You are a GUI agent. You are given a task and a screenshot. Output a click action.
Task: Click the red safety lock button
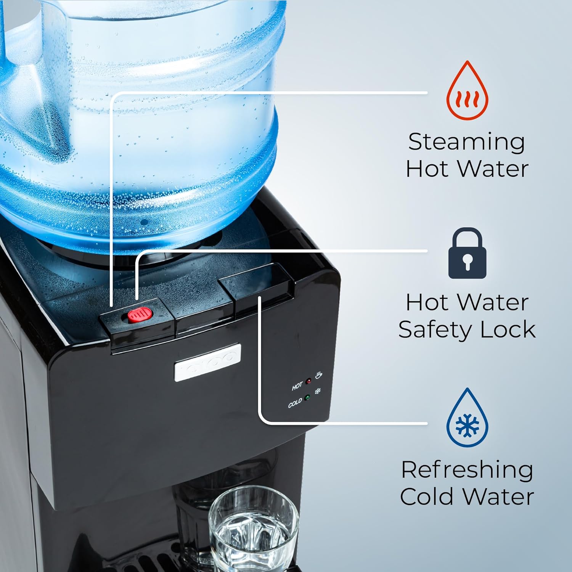(140, 315)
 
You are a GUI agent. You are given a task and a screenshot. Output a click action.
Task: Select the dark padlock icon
(467, 254)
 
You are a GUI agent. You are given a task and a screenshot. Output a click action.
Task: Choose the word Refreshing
(467, 470)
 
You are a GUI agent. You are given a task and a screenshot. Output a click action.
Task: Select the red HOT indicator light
(308, 381)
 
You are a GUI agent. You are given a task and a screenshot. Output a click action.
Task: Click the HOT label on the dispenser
(297, 386)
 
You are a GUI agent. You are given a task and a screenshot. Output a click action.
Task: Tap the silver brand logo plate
(208, 362)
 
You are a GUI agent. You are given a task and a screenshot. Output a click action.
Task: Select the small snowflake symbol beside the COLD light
(317, 391)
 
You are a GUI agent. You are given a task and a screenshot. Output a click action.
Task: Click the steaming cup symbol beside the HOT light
(319, 375)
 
